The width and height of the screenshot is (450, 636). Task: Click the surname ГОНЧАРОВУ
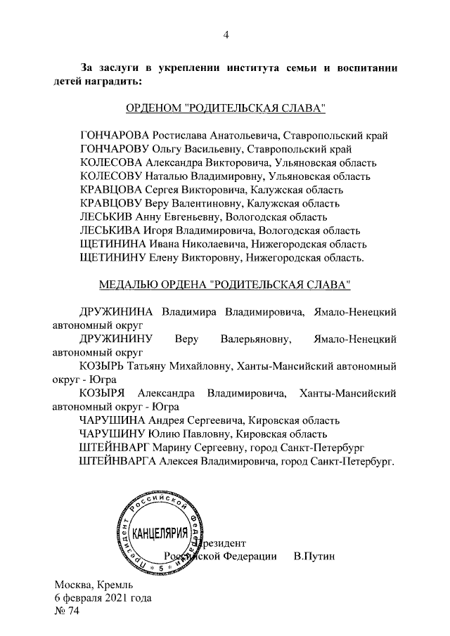(115, 149)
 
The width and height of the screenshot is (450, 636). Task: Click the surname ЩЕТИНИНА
(116, 244)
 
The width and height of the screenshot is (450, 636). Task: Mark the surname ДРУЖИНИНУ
(118, 340)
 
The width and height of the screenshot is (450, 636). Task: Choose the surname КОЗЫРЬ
(102, 367)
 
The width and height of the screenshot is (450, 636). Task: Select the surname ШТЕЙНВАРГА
(120, 461)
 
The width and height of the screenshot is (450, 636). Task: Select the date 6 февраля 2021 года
(103, 598)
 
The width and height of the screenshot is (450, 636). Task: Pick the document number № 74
(67, 611)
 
